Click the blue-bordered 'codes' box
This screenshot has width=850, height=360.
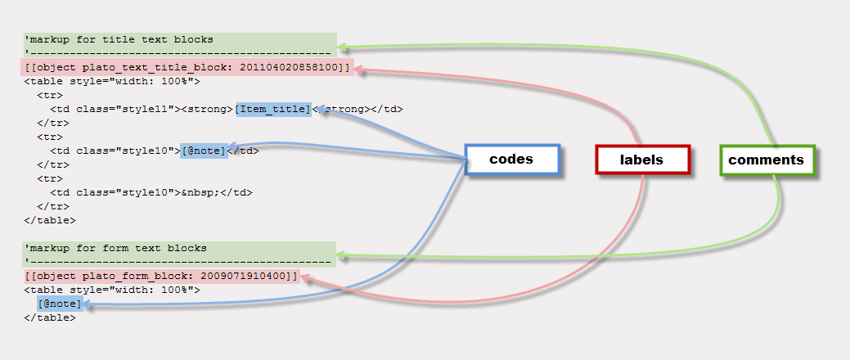pyautogui.click(x=511, y=160)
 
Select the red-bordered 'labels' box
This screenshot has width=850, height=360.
pyautogui.click(x=642, y=160)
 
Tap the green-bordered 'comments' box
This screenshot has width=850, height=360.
pyautogui.click(x=766, y=160)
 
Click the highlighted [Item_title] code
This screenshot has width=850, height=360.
pyautogui.click(x=272, y=109)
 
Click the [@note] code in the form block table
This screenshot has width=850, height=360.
pyautogui.click(x=59, y=304)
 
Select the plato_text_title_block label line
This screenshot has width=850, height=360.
pyautogui.click(x=187, y=67)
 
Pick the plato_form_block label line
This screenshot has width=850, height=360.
pyautogui.click(x=161, y=276)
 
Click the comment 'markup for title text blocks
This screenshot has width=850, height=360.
pyautogui.click(x=119, y=38)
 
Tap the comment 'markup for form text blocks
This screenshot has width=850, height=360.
pyautogui.click(x=115, y=247)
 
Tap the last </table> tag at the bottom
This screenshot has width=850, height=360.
pyautogui.click(x=50, y=317)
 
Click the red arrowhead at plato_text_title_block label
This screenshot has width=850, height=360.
pyautogui.click(x=360, y=70)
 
